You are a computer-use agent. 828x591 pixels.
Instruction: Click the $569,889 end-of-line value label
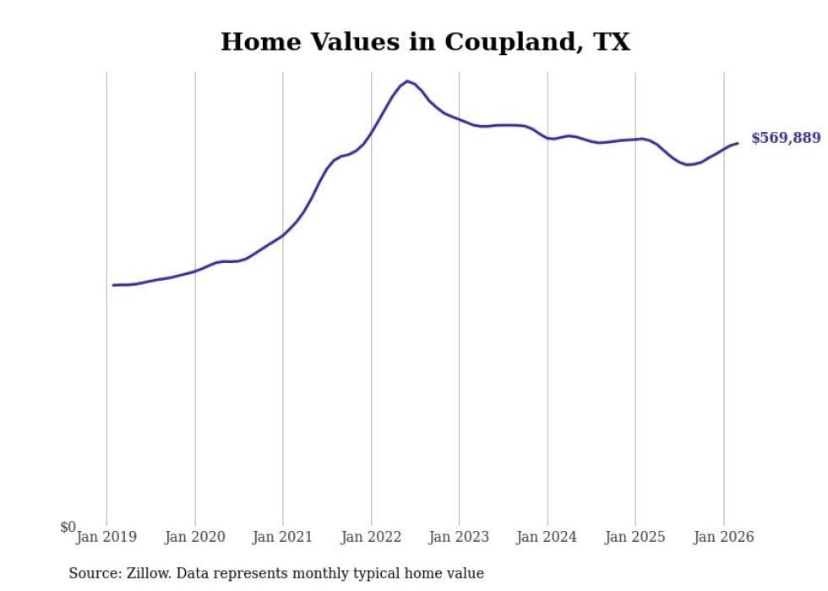(x=785, y=138)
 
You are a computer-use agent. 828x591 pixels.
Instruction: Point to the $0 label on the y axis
(x=68, y=527)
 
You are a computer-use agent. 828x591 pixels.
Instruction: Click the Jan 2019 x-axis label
(x=106, y=537)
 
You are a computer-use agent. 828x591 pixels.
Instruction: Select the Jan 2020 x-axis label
(x=195, y=537)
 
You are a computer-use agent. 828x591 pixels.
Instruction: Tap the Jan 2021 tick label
(x=283, y=537)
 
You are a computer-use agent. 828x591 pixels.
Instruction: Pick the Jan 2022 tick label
(x=371, y=537)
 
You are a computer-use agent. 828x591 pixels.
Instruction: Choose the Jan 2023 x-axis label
(x=459, y=537)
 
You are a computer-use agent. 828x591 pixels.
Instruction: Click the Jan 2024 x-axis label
(x=547, y=537)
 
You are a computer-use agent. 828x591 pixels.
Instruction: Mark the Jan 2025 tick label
(x=635, y=537)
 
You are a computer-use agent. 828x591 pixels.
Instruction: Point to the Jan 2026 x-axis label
(x=723, y=537)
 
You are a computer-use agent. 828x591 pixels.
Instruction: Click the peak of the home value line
(x=406, y=81)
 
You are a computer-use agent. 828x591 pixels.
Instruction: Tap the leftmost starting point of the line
(x=113, y=285)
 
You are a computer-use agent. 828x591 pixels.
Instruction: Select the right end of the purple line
(x=738, y=143)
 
